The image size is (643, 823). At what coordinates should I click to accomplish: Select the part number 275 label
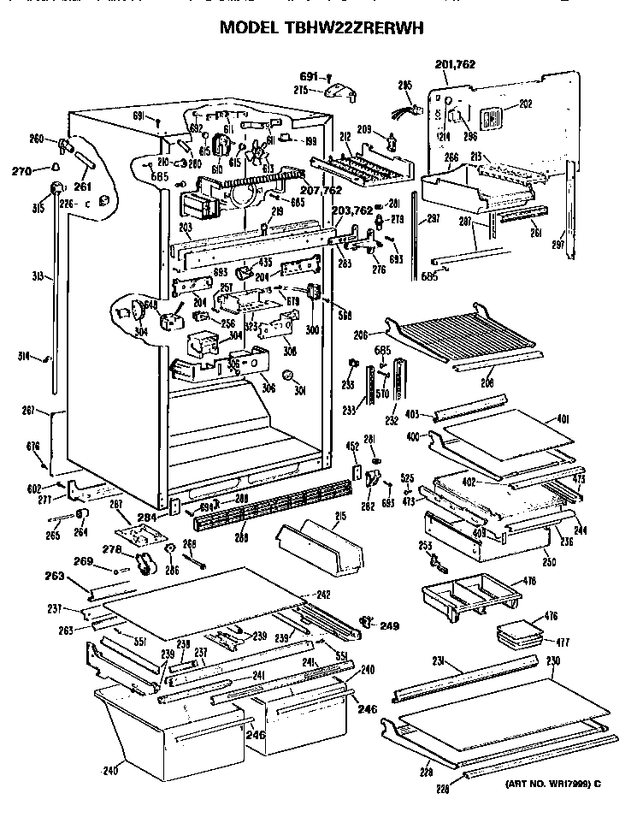301,89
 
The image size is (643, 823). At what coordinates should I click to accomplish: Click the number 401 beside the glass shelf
586,419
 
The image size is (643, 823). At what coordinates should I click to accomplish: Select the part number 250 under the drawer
547,562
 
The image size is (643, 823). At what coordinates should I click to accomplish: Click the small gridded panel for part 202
491,121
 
